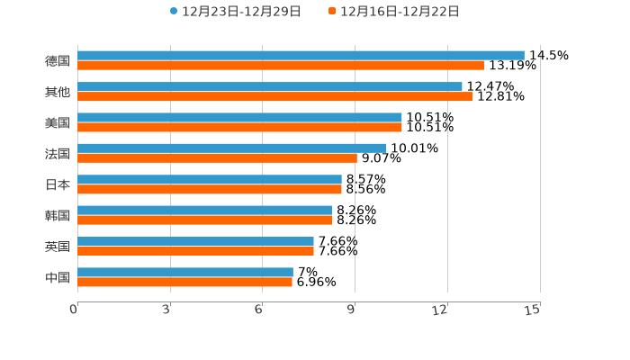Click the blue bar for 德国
301,56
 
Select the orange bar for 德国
281,66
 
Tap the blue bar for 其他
270,86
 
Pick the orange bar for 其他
274,96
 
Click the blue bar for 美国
239,117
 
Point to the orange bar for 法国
217,158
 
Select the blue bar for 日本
210,179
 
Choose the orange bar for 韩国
205,220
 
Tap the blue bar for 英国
195,241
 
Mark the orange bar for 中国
184,283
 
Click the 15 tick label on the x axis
533,310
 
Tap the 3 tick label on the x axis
167,310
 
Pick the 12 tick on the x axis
440,310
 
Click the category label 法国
58,154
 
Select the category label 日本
58,184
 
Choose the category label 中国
58,277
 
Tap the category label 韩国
58,216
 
